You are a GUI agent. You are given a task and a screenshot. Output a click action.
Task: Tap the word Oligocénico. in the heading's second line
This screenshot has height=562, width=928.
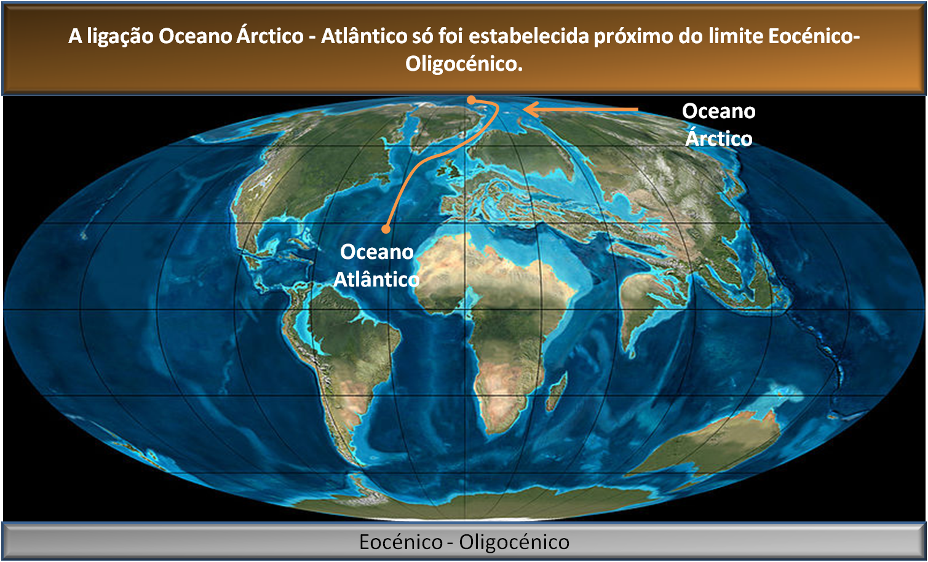pyautogui.click(x=464, y=63)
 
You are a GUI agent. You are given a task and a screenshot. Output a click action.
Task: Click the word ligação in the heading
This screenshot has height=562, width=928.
pyautogui.click(x=119, y=36)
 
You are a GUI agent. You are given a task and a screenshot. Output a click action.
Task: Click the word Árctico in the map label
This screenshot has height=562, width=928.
pyautogui.click(x=718, y=138)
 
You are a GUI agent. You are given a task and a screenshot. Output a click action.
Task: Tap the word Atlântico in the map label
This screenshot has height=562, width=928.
pyautogui.click(x=376, y=279)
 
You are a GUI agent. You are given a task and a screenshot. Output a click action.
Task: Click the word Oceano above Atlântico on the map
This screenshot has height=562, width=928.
pyautogui.click(x=376, y=251)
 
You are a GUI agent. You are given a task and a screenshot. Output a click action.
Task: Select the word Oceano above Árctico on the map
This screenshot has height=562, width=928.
pyautogui.click(x=718, y=111)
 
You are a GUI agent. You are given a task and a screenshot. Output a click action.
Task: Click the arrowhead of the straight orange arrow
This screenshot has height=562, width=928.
pyautogui.click(x=528, y=110)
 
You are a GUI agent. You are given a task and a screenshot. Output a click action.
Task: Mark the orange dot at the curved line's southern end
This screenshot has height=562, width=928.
pyautogui.click(x=386, y=229)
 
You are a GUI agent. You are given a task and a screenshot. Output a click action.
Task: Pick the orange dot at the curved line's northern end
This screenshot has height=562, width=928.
pyautogui.click(x=471, y=100)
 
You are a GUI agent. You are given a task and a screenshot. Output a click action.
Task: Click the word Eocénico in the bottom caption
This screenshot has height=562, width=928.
pyautogui.click(x=400, y=542)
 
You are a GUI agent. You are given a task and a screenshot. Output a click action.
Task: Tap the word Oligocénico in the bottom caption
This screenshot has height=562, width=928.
pyautogui.click(x=514, y=542)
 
